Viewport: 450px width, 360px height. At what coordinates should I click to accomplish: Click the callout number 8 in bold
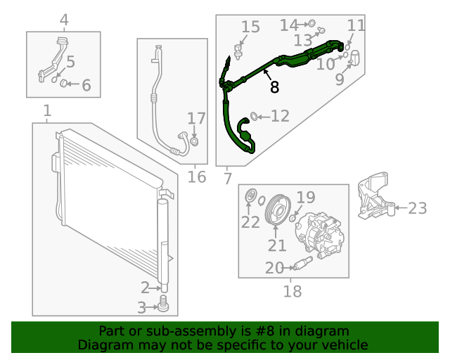[x=274, y=87]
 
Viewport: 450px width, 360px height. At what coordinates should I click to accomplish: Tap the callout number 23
[x=417, y=207]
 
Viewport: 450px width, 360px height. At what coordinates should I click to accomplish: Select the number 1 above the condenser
[x=47, y=111]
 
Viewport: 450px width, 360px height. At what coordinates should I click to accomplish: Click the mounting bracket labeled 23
[x=373, y=200]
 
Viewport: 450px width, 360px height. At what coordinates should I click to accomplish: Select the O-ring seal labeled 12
[x=255, y=115]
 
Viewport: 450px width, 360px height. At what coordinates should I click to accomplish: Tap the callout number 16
[x=197, y=176]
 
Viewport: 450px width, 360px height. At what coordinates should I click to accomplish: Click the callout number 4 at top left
[x=64, y=20]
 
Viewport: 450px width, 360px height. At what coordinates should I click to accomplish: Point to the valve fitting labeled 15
[x=240, y=51]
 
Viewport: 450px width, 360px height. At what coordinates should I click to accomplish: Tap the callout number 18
[x=292, y=290]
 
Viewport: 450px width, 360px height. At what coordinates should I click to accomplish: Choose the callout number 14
[x=289, y=25]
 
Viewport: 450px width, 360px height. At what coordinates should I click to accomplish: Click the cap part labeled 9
[x=354, y=58]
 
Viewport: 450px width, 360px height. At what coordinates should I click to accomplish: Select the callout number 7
[x=228, y=179]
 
